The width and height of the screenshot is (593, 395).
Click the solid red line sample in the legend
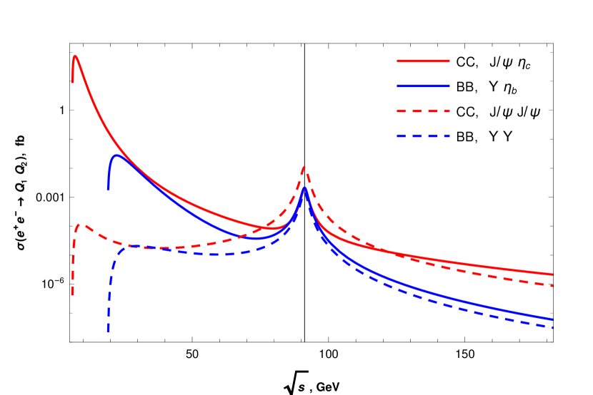point(423,61)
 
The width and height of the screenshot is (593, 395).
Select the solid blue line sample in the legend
point(423,86)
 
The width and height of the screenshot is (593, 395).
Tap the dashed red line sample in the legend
point(423,111)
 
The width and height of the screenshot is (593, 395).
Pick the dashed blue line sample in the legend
point(423,136)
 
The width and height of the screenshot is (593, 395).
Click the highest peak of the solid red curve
point(75,56)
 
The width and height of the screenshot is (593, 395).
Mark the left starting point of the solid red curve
point(72,83)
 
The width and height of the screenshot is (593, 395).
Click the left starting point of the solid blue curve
point(109,190)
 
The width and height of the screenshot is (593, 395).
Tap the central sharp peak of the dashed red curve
point(304,168)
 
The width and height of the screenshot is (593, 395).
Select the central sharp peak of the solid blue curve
point(304,188)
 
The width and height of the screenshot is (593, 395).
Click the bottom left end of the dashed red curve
point(72,295)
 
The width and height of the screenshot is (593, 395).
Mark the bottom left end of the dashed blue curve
point(109,332)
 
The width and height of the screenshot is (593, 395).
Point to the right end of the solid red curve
point(552,274)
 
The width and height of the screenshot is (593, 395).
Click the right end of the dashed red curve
point(552,285)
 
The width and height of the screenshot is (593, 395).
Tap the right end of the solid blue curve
point(552,319)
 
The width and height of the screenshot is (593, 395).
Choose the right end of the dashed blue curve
point(552,327)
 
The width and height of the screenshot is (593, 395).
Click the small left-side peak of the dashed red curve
point(82,225)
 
